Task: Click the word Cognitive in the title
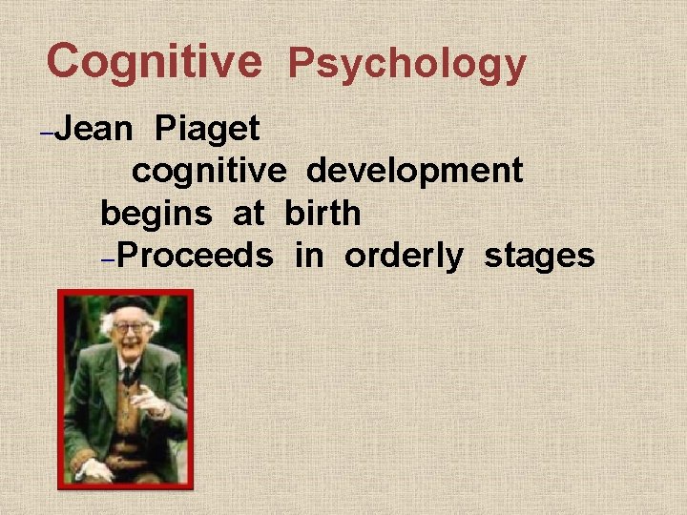point(154,61)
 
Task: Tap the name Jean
point(94,128)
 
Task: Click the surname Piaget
point(207,129)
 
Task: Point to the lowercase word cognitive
point(209,171)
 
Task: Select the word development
point(414,171)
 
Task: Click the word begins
point(156,214)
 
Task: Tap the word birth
point(323,213)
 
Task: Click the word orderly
point(404,256)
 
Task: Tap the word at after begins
point(248,214)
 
